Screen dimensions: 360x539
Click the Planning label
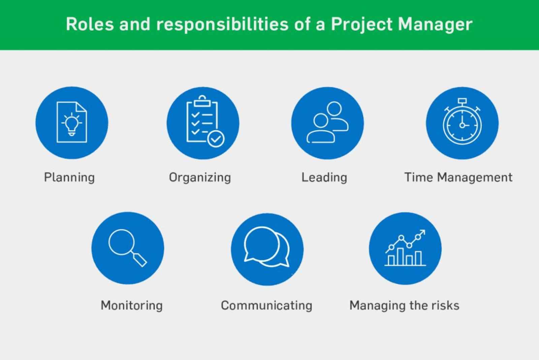click(69, 177)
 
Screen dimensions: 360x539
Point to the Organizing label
click(200, 177)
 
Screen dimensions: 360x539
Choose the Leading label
click(324, 177)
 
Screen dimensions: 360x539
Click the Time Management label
click(458, 177)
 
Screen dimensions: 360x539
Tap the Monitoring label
click(132, 305)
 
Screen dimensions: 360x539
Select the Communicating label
click(266, 305)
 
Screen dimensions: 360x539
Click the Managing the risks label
click(404, 305)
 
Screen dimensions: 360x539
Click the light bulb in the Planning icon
click(71, 124)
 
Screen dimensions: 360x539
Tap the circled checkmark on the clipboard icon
click(216, 139)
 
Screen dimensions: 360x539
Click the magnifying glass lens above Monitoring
click(121, 242)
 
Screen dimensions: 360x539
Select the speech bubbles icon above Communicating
click(266, 247)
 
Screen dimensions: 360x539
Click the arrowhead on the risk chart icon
click(423, 232)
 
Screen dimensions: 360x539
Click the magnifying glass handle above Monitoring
click(139, 259)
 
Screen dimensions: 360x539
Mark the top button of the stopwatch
click(462, 101)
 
